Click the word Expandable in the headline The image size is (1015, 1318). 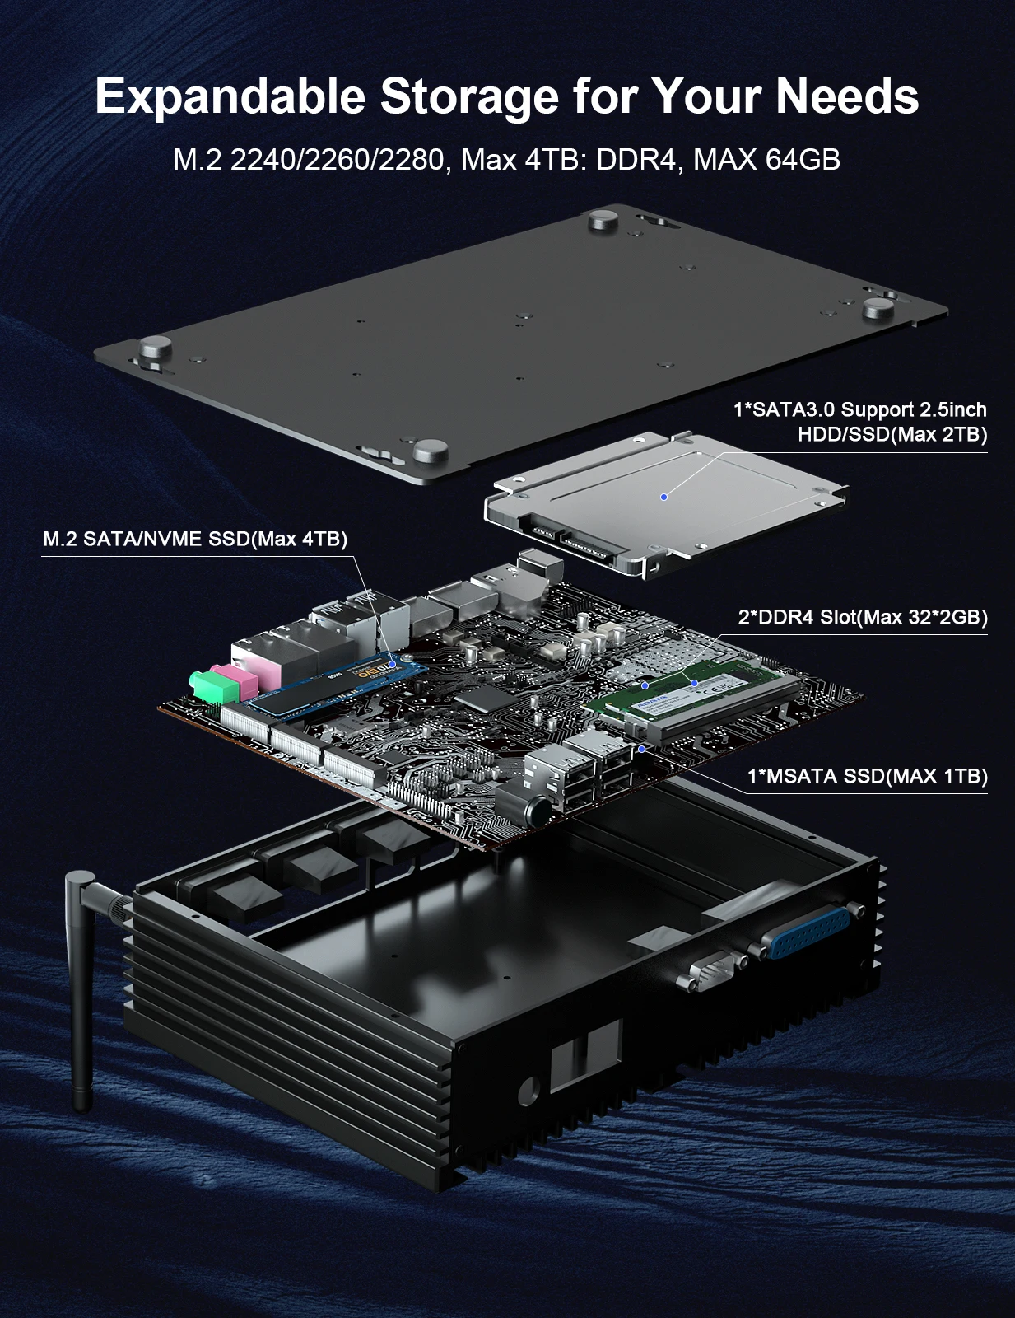tap(230, 96)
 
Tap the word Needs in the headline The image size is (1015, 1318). tap(847, 96)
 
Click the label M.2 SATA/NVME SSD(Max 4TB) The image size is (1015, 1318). tap(195, 539)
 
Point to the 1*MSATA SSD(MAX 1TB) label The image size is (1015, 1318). tap(867, 776)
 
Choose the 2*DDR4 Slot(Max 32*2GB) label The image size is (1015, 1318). tap(862, 617)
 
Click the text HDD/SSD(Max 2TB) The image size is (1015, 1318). tap(892, 434)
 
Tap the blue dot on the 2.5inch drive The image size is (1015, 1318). tap(663, 497)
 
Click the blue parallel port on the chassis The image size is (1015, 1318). tap(803, 932)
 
